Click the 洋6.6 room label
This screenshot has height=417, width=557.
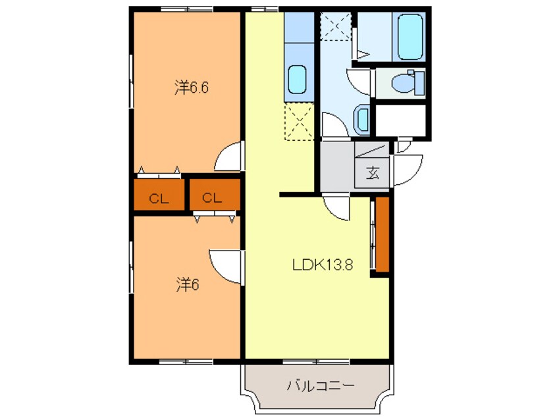coord(192,87)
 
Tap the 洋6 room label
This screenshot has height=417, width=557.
coord(188,284)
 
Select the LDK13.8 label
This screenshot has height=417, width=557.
coord(323,265)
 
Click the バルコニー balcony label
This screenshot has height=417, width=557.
coord(321,385)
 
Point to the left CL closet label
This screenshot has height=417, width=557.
coord(159,199)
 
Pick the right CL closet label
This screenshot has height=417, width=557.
coord(212,198)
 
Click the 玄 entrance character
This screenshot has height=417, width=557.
coord(373,173)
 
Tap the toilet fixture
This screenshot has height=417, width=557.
coord(408,83)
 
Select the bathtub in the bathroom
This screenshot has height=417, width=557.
coord(410,37)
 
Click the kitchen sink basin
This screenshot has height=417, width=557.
coord(297,80)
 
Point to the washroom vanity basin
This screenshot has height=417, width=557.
coord(361,120)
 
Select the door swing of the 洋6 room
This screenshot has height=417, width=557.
coord(225,267)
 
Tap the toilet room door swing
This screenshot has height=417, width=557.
coord(359,82)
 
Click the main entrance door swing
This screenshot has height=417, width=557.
coord(408,170)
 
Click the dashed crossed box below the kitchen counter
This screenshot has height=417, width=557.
coord(300,122)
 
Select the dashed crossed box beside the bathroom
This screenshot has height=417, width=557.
coord(336,26)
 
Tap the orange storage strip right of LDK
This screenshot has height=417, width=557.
coord(383,235)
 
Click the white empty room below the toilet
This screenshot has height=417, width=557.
coord(401,120)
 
